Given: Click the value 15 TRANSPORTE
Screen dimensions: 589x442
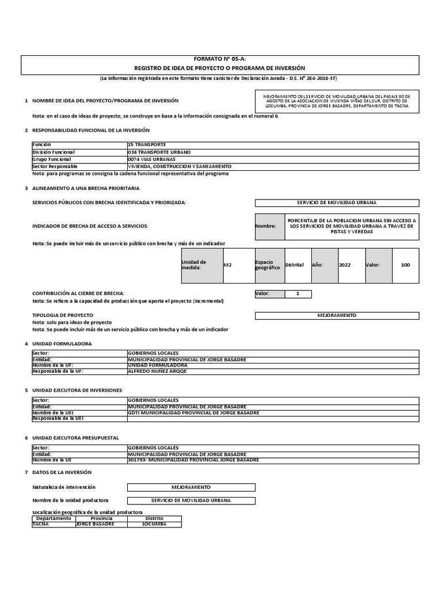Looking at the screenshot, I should pos(147,144).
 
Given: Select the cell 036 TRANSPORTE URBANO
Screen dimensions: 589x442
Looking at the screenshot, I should pos(158,152).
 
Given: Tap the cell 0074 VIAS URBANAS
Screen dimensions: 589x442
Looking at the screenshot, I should pos(151,159).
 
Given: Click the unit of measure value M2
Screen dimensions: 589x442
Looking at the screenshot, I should pos(227,265).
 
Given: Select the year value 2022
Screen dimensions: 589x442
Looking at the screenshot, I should pos(345,265).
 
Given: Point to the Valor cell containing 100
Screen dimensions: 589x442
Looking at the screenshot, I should pos(405,265).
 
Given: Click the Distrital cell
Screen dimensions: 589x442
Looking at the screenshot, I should pos(294,265).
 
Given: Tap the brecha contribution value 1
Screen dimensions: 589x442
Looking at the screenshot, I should pos(298,294).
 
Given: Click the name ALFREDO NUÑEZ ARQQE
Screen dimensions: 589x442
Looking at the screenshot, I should pos(157,371).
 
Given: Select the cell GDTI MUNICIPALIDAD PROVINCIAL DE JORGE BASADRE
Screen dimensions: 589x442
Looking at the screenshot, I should pos(193,412).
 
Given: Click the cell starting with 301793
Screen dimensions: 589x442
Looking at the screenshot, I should pos(193,460).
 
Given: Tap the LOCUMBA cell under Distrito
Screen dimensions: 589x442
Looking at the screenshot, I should pos(154,524).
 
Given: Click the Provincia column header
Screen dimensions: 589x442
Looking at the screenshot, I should pos(101,518).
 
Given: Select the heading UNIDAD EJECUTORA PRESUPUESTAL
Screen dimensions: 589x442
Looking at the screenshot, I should pos(75,438).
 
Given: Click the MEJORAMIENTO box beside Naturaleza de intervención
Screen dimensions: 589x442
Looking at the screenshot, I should pos(191,487).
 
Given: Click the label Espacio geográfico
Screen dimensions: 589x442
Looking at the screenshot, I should pos(268,265).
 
